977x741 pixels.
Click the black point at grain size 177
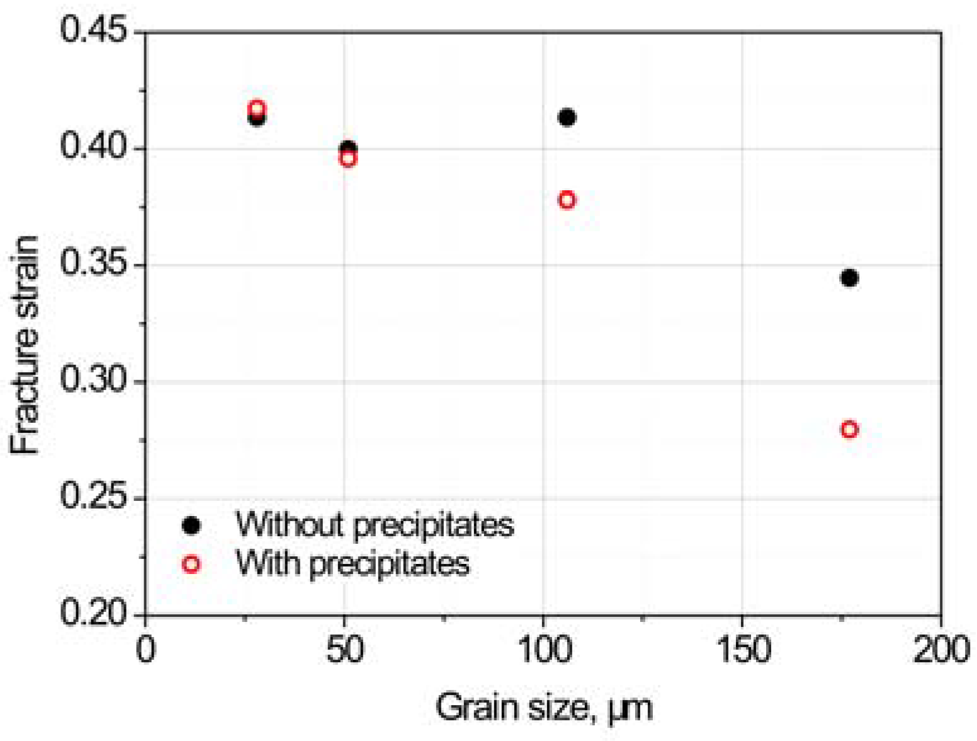[x=849, y=278]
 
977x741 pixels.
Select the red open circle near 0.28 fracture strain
[x=849, y=430]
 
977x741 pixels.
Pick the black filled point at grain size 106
[x=567, y=118]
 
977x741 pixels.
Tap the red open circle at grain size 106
[x=567, y=200]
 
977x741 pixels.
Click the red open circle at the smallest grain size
[x=256, y=108]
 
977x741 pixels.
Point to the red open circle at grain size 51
[x=347, y=158]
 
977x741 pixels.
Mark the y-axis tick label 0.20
[x=93, y=612]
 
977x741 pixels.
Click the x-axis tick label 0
[x=145, y=649]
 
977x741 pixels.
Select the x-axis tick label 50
[x=344, y=649]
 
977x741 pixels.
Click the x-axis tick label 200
[x=941, y=649]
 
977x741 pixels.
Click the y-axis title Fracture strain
[x=25, y=345]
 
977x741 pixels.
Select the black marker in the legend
[x=191, y=525]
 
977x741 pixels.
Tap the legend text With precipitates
[x=353, y=563]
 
